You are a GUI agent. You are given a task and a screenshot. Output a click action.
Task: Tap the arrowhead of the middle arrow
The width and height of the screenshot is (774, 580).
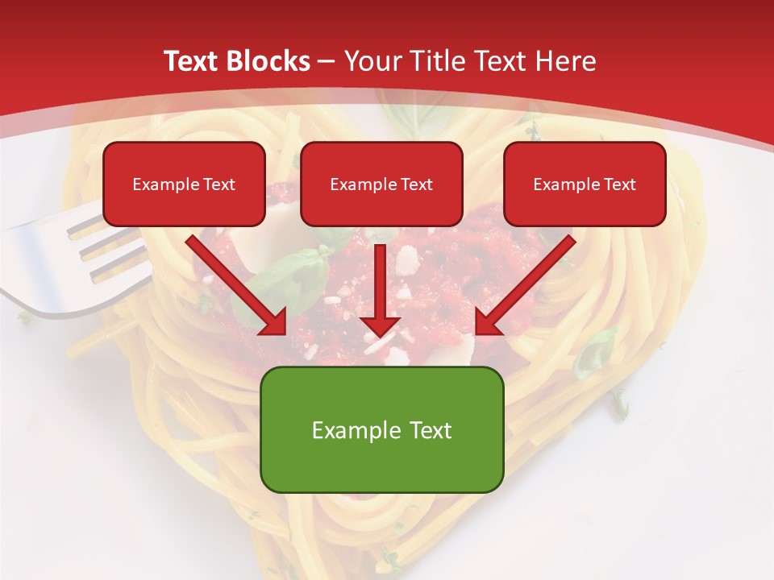[x=381, y=324]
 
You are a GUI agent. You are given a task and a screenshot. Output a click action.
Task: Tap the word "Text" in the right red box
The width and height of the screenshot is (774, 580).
[x=620, y=184]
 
